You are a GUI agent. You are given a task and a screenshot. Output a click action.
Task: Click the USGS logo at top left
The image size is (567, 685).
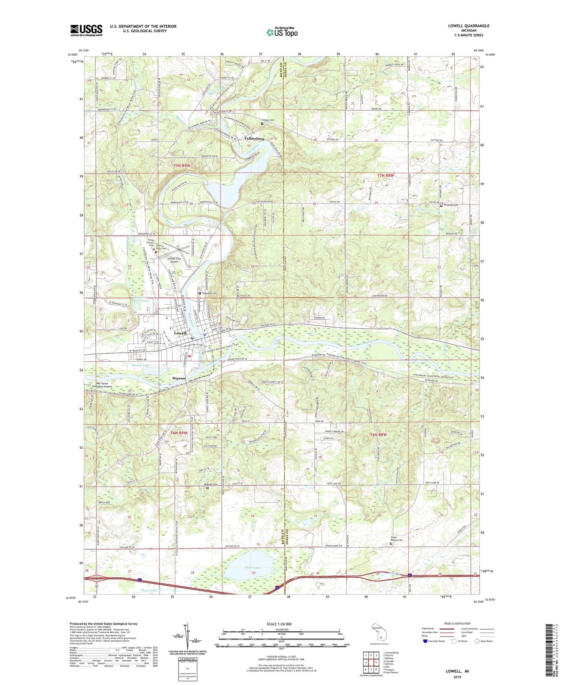pyautogui.click(x=86, y=30)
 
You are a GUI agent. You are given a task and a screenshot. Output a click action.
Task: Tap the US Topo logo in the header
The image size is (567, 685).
pyautogui.click(x=281, y=32)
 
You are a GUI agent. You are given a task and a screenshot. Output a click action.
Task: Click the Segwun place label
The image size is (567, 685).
pyautogui.click(x=179, y=378)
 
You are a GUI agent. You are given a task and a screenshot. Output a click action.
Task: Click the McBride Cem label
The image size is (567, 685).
pyautogui.click(x=210, y=484)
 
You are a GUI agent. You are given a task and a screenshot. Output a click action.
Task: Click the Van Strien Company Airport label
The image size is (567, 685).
pyautogui.click(x=98, y=385)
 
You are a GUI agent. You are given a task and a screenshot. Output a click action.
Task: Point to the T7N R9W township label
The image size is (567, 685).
pyautogui.click(x=182, y=166)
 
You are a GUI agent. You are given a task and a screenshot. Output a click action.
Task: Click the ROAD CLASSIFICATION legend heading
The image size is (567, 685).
pyautogui.click(x=457, y=623)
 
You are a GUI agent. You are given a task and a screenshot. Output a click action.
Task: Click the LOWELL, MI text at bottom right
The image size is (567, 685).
pyautogui.click(x=457, y=671)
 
